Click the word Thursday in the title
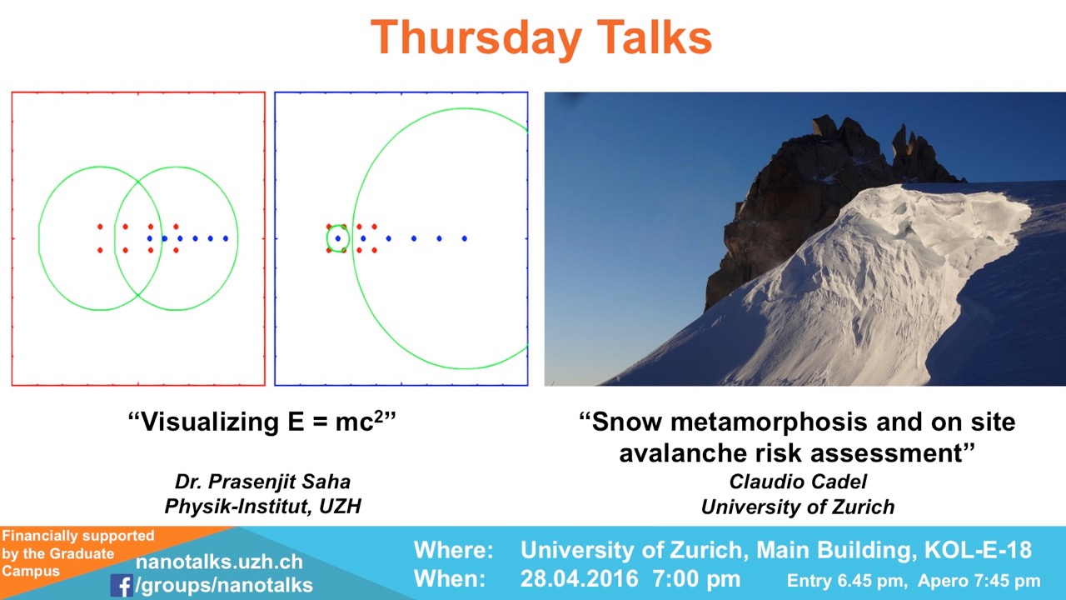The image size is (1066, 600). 476,38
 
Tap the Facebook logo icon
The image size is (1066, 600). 122,585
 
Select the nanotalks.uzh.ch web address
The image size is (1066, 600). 219,562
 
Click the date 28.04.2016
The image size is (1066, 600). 579,579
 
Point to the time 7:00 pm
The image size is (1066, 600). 697,579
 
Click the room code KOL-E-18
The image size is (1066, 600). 978,550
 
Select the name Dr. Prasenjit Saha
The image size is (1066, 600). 262,482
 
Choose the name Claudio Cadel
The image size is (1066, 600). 798,482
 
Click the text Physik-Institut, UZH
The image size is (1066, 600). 262,506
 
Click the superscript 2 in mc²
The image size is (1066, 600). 378,416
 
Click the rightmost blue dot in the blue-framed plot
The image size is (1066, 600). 465,238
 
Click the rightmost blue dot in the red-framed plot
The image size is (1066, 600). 226,238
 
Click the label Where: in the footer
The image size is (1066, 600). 454,550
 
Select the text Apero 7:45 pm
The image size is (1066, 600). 979,581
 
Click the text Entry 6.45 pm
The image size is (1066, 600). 845,581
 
